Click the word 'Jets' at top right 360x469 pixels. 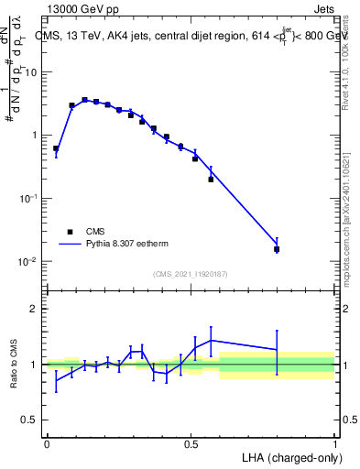(x=325, y=9)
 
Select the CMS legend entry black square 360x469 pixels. (x=70, y=232)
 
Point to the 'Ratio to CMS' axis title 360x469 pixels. (x=15, y=365)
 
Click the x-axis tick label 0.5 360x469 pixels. (x=191, y=442)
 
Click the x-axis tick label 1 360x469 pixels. (x=334, y=442)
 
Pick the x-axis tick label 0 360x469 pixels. (x=47, y=442)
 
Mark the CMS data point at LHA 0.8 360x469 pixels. (x=277, y=249)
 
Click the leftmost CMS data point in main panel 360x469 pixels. (x=56, y=148)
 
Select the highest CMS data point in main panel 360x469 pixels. (x=84, y=100)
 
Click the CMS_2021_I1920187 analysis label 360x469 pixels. (x=191, y=274)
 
